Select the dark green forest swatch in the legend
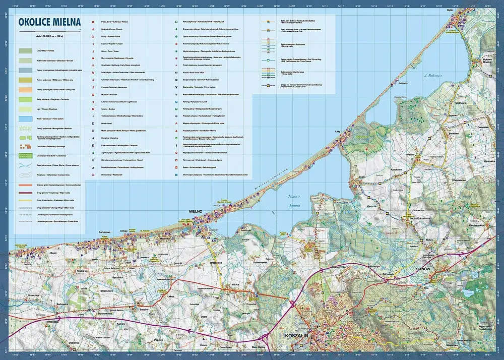click(25, 51)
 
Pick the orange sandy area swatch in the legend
click(25, 89)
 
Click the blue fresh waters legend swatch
click(25, 118)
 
